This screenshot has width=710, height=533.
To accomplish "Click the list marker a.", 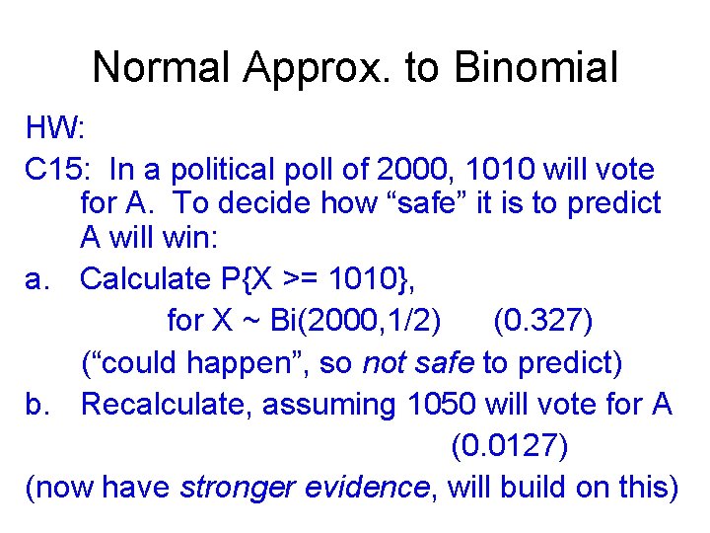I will pyautogui.click(x=37, y=279).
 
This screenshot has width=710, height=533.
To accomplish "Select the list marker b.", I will pyautogui.click(x=37, y=404).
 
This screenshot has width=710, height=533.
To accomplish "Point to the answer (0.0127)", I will pyautogui.click(x=509, y=446).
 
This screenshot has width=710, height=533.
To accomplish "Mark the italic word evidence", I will pyautogui.click(x=371, y=488).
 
